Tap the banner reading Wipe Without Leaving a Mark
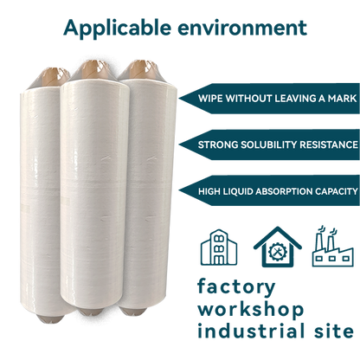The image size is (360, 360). click(x=272, y=97)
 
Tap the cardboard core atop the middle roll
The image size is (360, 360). click(x=96, y=67)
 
